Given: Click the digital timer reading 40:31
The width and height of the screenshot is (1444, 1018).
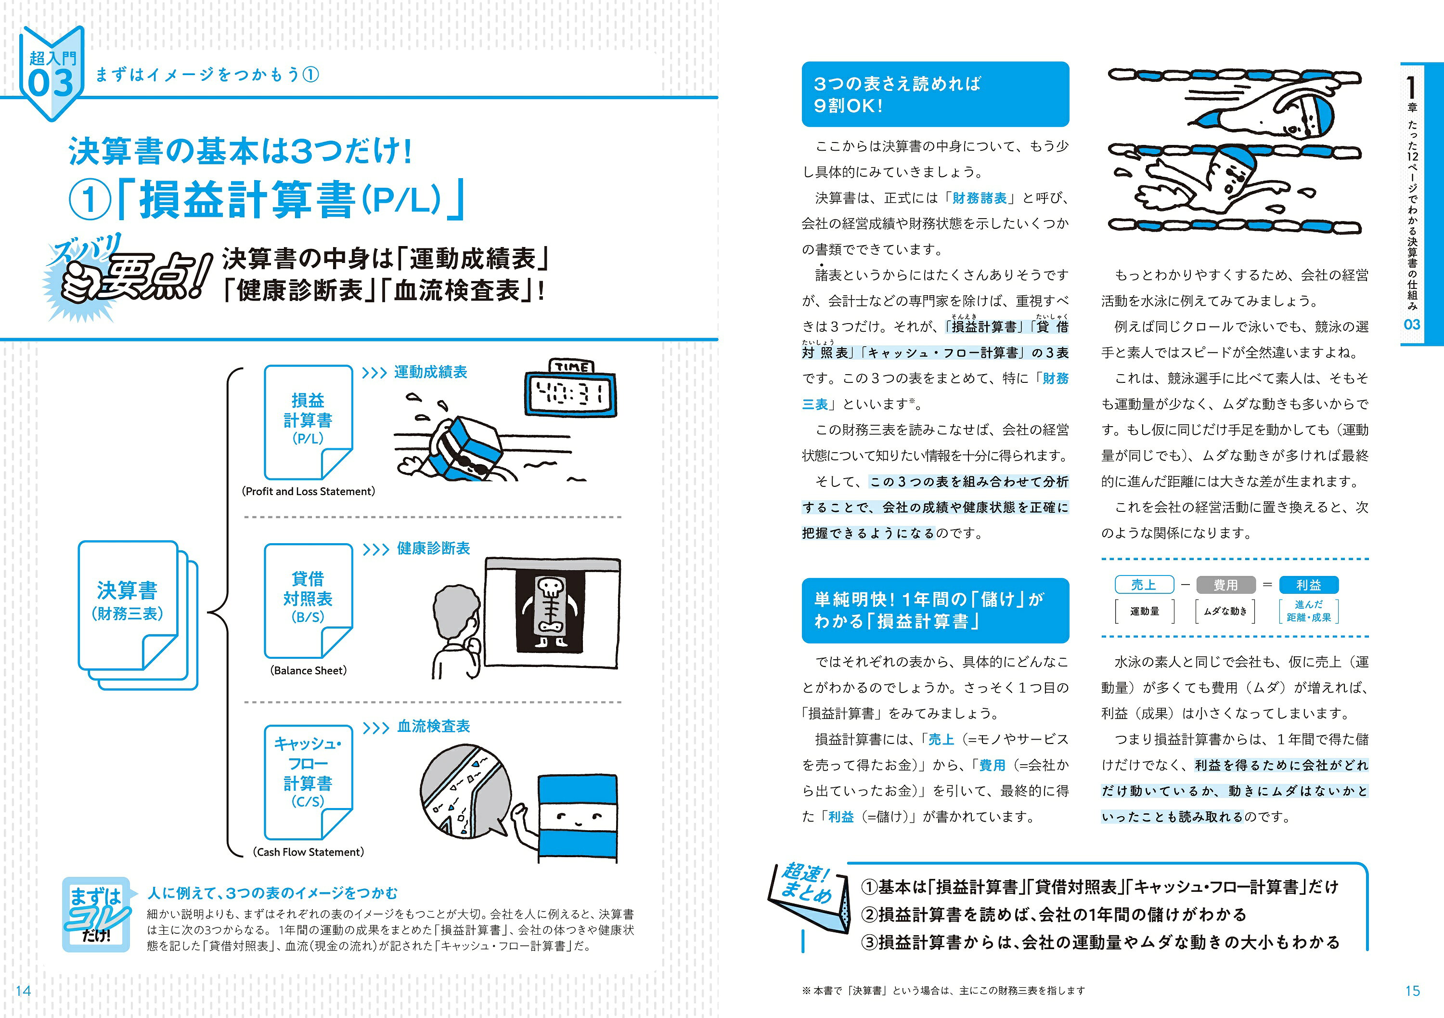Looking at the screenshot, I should click(570, 394).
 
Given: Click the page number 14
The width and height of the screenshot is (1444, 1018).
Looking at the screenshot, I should click(23, 991).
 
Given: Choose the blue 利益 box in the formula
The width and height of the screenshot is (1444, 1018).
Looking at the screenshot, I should click(1308, 585).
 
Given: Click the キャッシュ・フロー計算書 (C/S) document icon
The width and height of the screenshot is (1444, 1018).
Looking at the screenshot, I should click(308, 780).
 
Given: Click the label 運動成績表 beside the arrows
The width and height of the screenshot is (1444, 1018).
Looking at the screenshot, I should click(430, 372).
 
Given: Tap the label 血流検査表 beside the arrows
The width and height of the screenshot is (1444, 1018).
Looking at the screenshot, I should click(433, 726).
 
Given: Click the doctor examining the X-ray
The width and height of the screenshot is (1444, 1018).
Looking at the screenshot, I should click(456, 629).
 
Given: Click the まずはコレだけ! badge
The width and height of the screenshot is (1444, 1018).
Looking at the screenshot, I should click(97, 914).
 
